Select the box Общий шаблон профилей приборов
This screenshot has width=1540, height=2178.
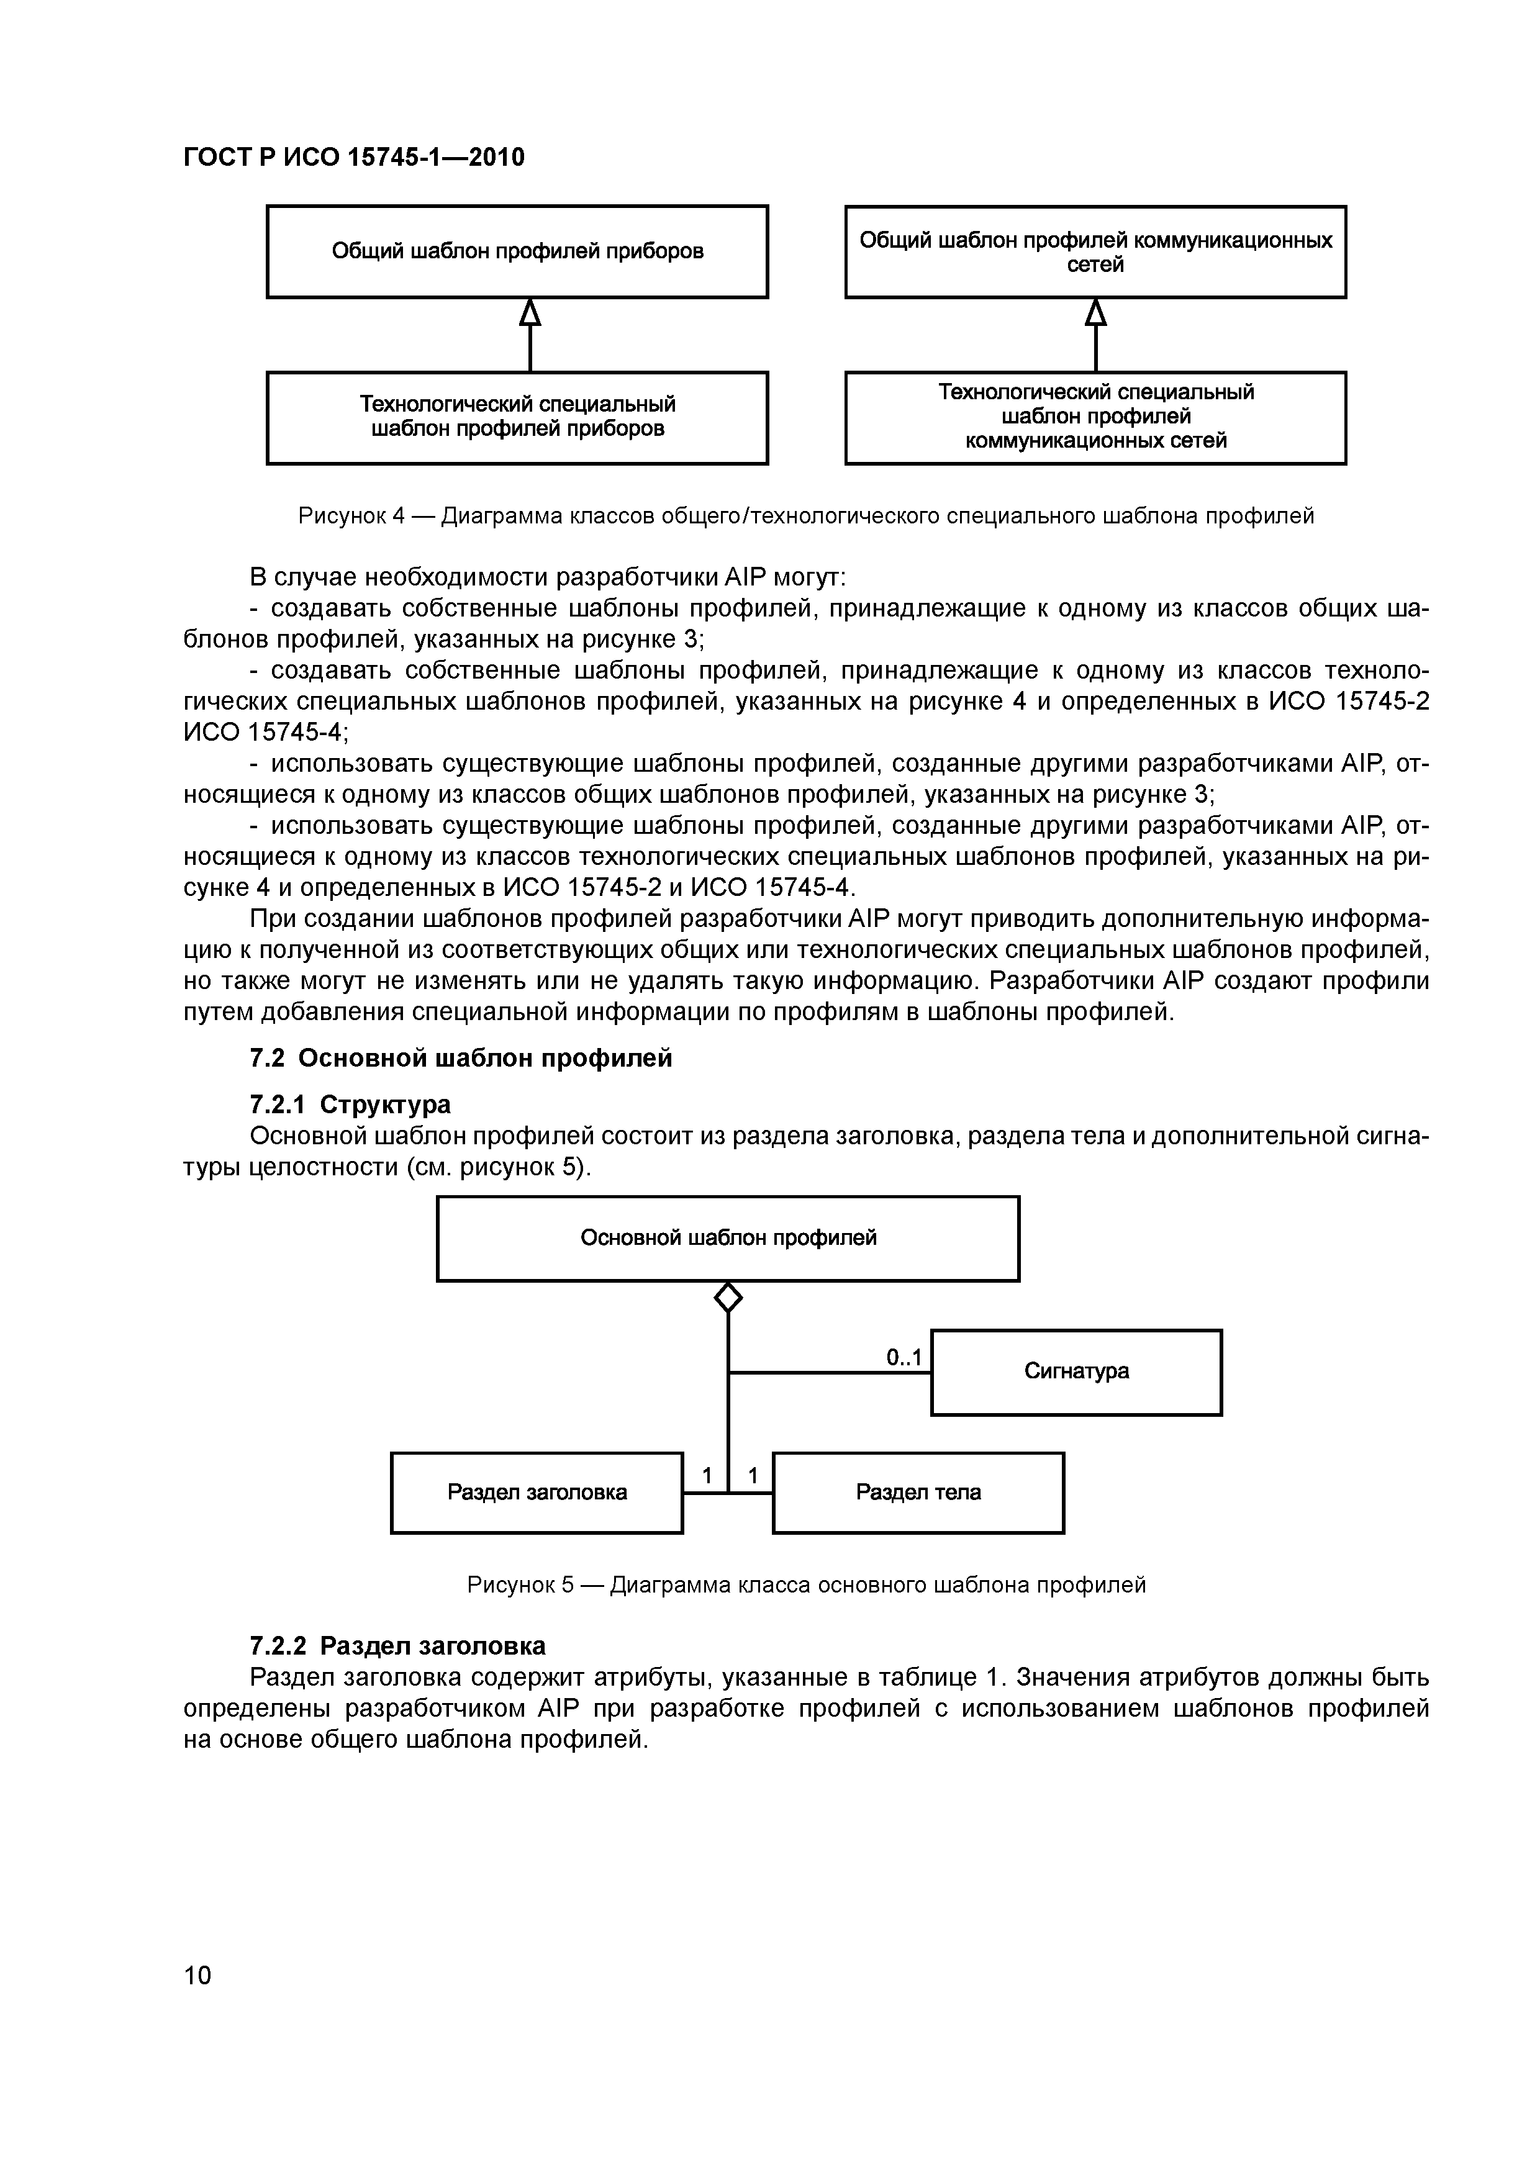517,251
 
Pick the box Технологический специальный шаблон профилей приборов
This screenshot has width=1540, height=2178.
517,417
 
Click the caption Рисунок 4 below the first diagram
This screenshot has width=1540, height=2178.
805,516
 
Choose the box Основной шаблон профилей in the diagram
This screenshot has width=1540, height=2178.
728,1238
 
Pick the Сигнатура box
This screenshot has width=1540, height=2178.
1076,1371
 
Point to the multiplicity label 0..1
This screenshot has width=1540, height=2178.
904,1358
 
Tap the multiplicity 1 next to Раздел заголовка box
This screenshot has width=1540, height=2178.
707,1476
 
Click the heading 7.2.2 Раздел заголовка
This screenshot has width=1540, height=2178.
397,1645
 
